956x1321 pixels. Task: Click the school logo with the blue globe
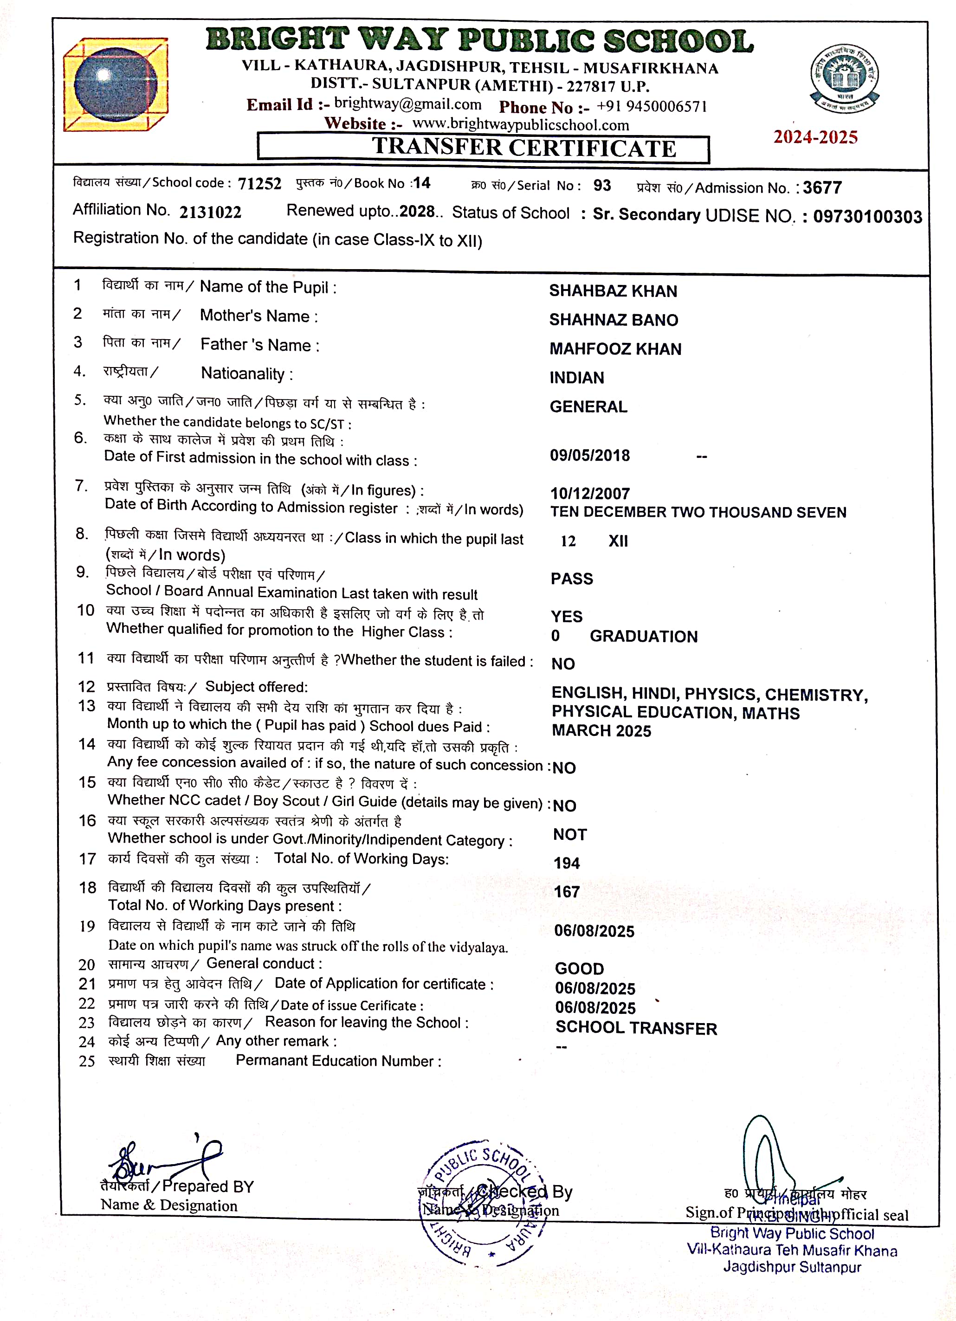point(116,84)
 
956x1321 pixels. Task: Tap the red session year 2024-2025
point(815,137)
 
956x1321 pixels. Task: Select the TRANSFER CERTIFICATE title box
point(483,148)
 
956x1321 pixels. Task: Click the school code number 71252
point(259,183)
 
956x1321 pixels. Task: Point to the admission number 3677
point(822,187)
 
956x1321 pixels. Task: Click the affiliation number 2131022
point(210,212)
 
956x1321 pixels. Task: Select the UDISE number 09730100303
point(867,217)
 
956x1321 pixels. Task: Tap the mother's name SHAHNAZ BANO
point(614,320)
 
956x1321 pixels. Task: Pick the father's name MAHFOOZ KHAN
point(615,349)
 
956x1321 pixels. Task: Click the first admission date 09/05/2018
point(589,456)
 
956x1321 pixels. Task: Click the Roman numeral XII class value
point(618,541)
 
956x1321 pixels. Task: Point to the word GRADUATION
point(643,636)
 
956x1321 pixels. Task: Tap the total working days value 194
point(566,863)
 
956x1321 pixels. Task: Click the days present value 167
point(566,892)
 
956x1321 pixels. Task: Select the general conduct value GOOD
point(579,969)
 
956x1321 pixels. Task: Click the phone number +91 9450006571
point(651,107)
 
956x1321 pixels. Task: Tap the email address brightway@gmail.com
point(408,104)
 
